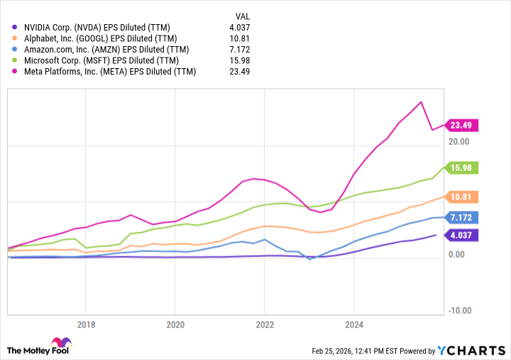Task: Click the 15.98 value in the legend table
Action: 240,60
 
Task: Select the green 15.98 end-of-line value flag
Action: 461,168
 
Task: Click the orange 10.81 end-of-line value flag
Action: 461,197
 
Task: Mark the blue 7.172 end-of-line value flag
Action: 461,217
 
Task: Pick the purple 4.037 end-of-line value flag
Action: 461,234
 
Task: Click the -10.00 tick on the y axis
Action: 459,310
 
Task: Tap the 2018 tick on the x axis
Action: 85,324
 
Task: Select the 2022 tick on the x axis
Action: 264,324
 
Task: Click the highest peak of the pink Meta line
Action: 422,102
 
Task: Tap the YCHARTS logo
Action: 471,350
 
